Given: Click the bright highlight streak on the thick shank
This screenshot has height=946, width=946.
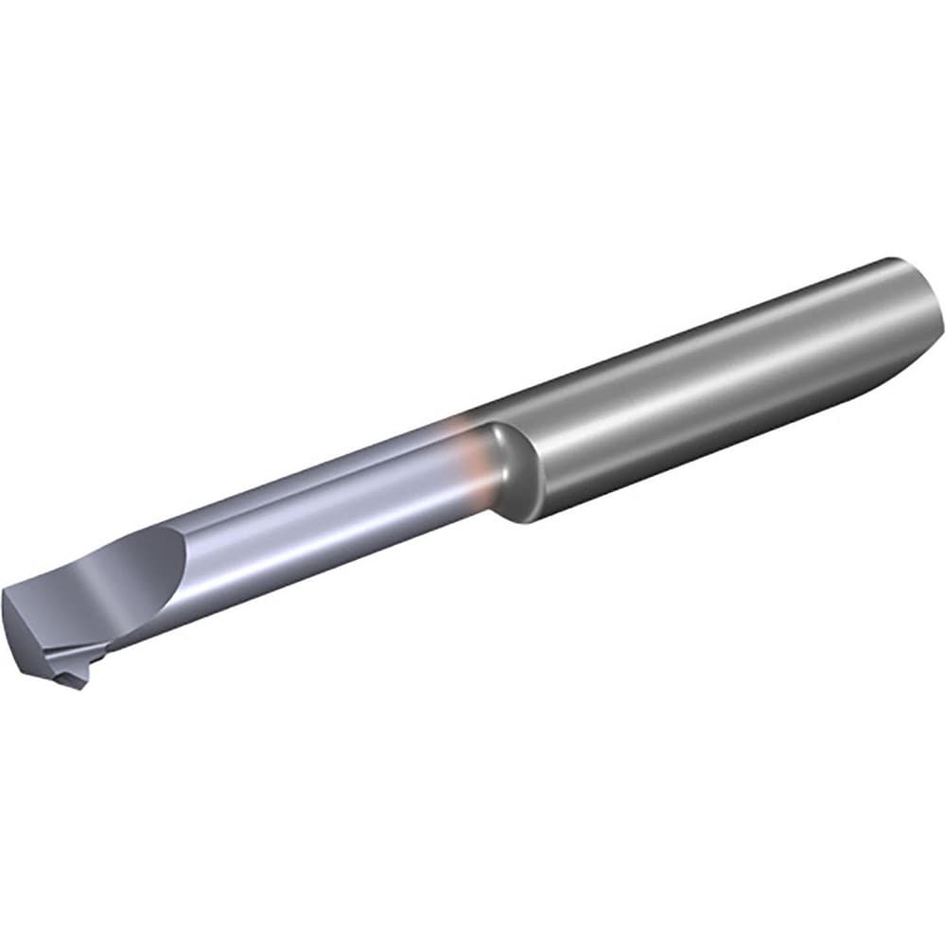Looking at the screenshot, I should pyautogui.click(x=719, y=374).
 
